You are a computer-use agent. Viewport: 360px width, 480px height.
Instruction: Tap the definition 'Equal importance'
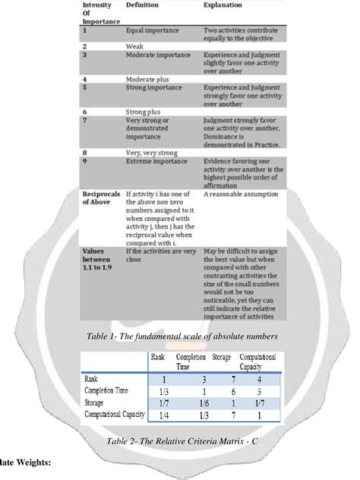[154, 31]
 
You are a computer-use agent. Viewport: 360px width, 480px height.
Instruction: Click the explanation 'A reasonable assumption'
[241, 195]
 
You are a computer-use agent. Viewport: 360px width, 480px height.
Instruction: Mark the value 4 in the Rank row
[260, 379]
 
